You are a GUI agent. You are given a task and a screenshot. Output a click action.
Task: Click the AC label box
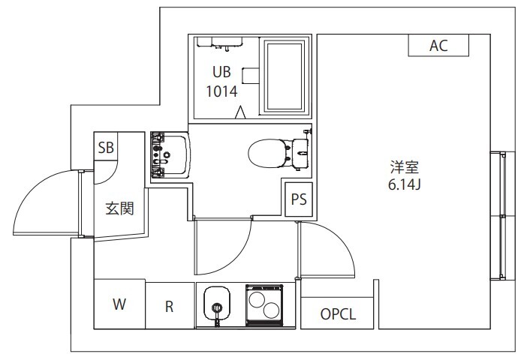(438, 46)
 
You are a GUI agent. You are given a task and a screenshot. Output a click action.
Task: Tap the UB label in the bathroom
(221, 73)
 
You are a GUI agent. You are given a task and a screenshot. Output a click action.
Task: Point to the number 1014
(221, 91)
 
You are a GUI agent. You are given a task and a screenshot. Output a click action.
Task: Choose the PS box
(298, 200)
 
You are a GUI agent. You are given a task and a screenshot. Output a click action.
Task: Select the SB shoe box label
(106, 147)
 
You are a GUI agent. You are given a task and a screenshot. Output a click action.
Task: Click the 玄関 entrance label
(119, 208)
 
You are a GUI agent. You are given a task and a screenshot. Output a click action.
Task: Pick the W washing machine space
(119, 304)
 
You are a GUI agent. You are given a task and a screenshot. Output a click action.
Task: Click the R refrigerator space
(170, 305)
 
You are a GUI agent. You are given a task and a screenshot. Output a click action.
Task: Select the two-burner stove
(263, 305)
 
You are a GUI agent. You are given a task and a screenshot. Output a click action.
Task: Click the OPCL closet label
(338, 314)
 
